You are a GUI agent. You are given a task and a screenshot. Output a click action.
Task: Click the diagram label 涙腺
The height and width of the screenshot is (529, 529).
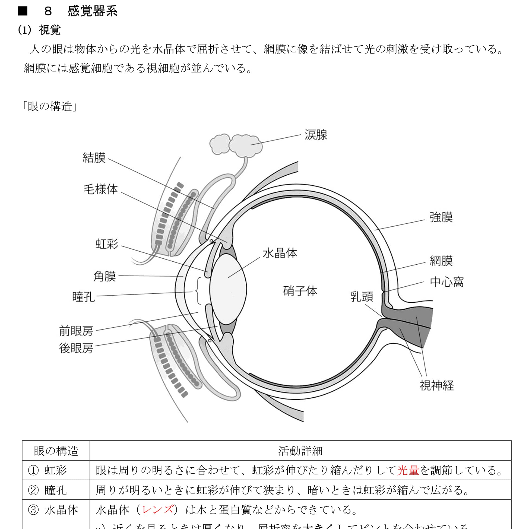tap(316, 135)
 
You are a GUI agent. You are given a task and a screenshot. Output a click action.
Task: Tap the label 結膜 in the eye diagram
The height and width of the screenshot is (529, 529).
tap(94, 158)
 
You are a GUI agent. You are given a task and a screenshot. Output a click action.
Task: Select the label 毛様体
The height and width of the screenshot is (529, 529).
tap(100, 189)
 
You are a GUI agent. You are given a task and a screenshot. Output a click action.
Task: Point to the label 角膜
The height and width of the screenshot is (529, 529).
tap(104, 276)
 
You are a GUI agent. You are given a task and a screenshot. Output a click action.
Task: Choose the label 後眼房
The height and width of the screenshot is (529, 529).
tap(76, 349)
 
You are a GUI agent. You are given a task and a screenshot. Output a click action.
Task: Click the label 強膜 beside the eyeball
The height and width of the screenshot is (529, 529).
tap(441, 217)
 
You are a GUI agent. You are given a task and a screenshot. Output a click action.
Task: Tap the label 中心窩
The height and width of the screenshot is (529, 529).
tap(446, 282)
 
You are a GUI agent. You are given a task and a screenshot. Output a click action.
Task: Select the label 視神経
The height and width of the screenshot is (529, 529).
tap(437, 385)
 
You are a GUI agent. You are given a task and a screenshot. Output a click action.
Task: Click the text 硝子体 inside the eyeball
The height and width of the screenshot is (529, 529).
tap(300, 291)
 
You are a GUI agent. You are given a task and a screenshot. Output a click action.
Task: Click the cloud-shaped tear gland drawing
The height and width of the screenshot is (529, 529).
tap(236, 145)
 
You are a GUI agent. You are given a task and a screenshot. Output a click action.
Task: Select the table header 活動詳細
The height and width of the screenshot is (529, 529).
tap(300, 451)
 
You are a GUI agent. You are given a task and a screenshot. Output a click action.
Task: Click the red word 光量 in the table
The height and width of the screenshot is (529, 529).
tap(408, 470)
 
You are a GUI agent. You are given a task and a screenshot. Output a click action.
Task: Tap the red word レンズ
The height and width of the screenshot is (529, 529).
tap(157, 510)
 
